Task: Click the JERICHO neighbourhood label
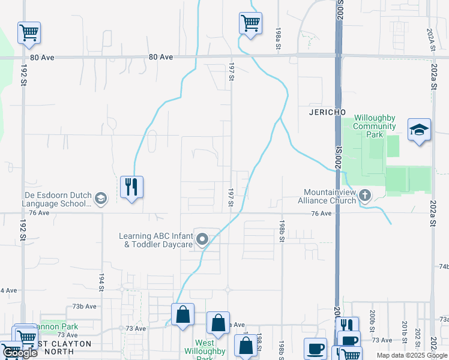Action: [x=326, y=112]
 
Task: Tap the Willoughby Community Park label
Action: [x=375, y=126]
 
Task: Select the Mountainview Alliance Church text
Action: [x=329, y=196]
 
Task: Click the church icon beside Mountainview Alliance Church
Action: [x=365, y=196]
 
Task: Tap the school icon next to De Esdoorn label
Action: [x=101, y=198]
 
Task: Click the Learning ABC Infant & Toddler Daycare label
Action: [x=155, y=240]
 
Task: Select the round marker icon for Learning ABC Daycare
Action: [x=203, y=240]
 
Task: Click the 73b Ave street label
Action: [x=85, y=306]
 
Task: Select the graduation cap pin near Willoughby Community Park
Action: [x=419, y=130]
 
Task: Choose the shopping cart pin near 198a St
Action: [x=250, y=23]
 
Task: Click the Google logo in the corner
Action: [x=20, y=353]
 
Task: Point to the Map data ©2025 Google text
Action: [x=411, y=355]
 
